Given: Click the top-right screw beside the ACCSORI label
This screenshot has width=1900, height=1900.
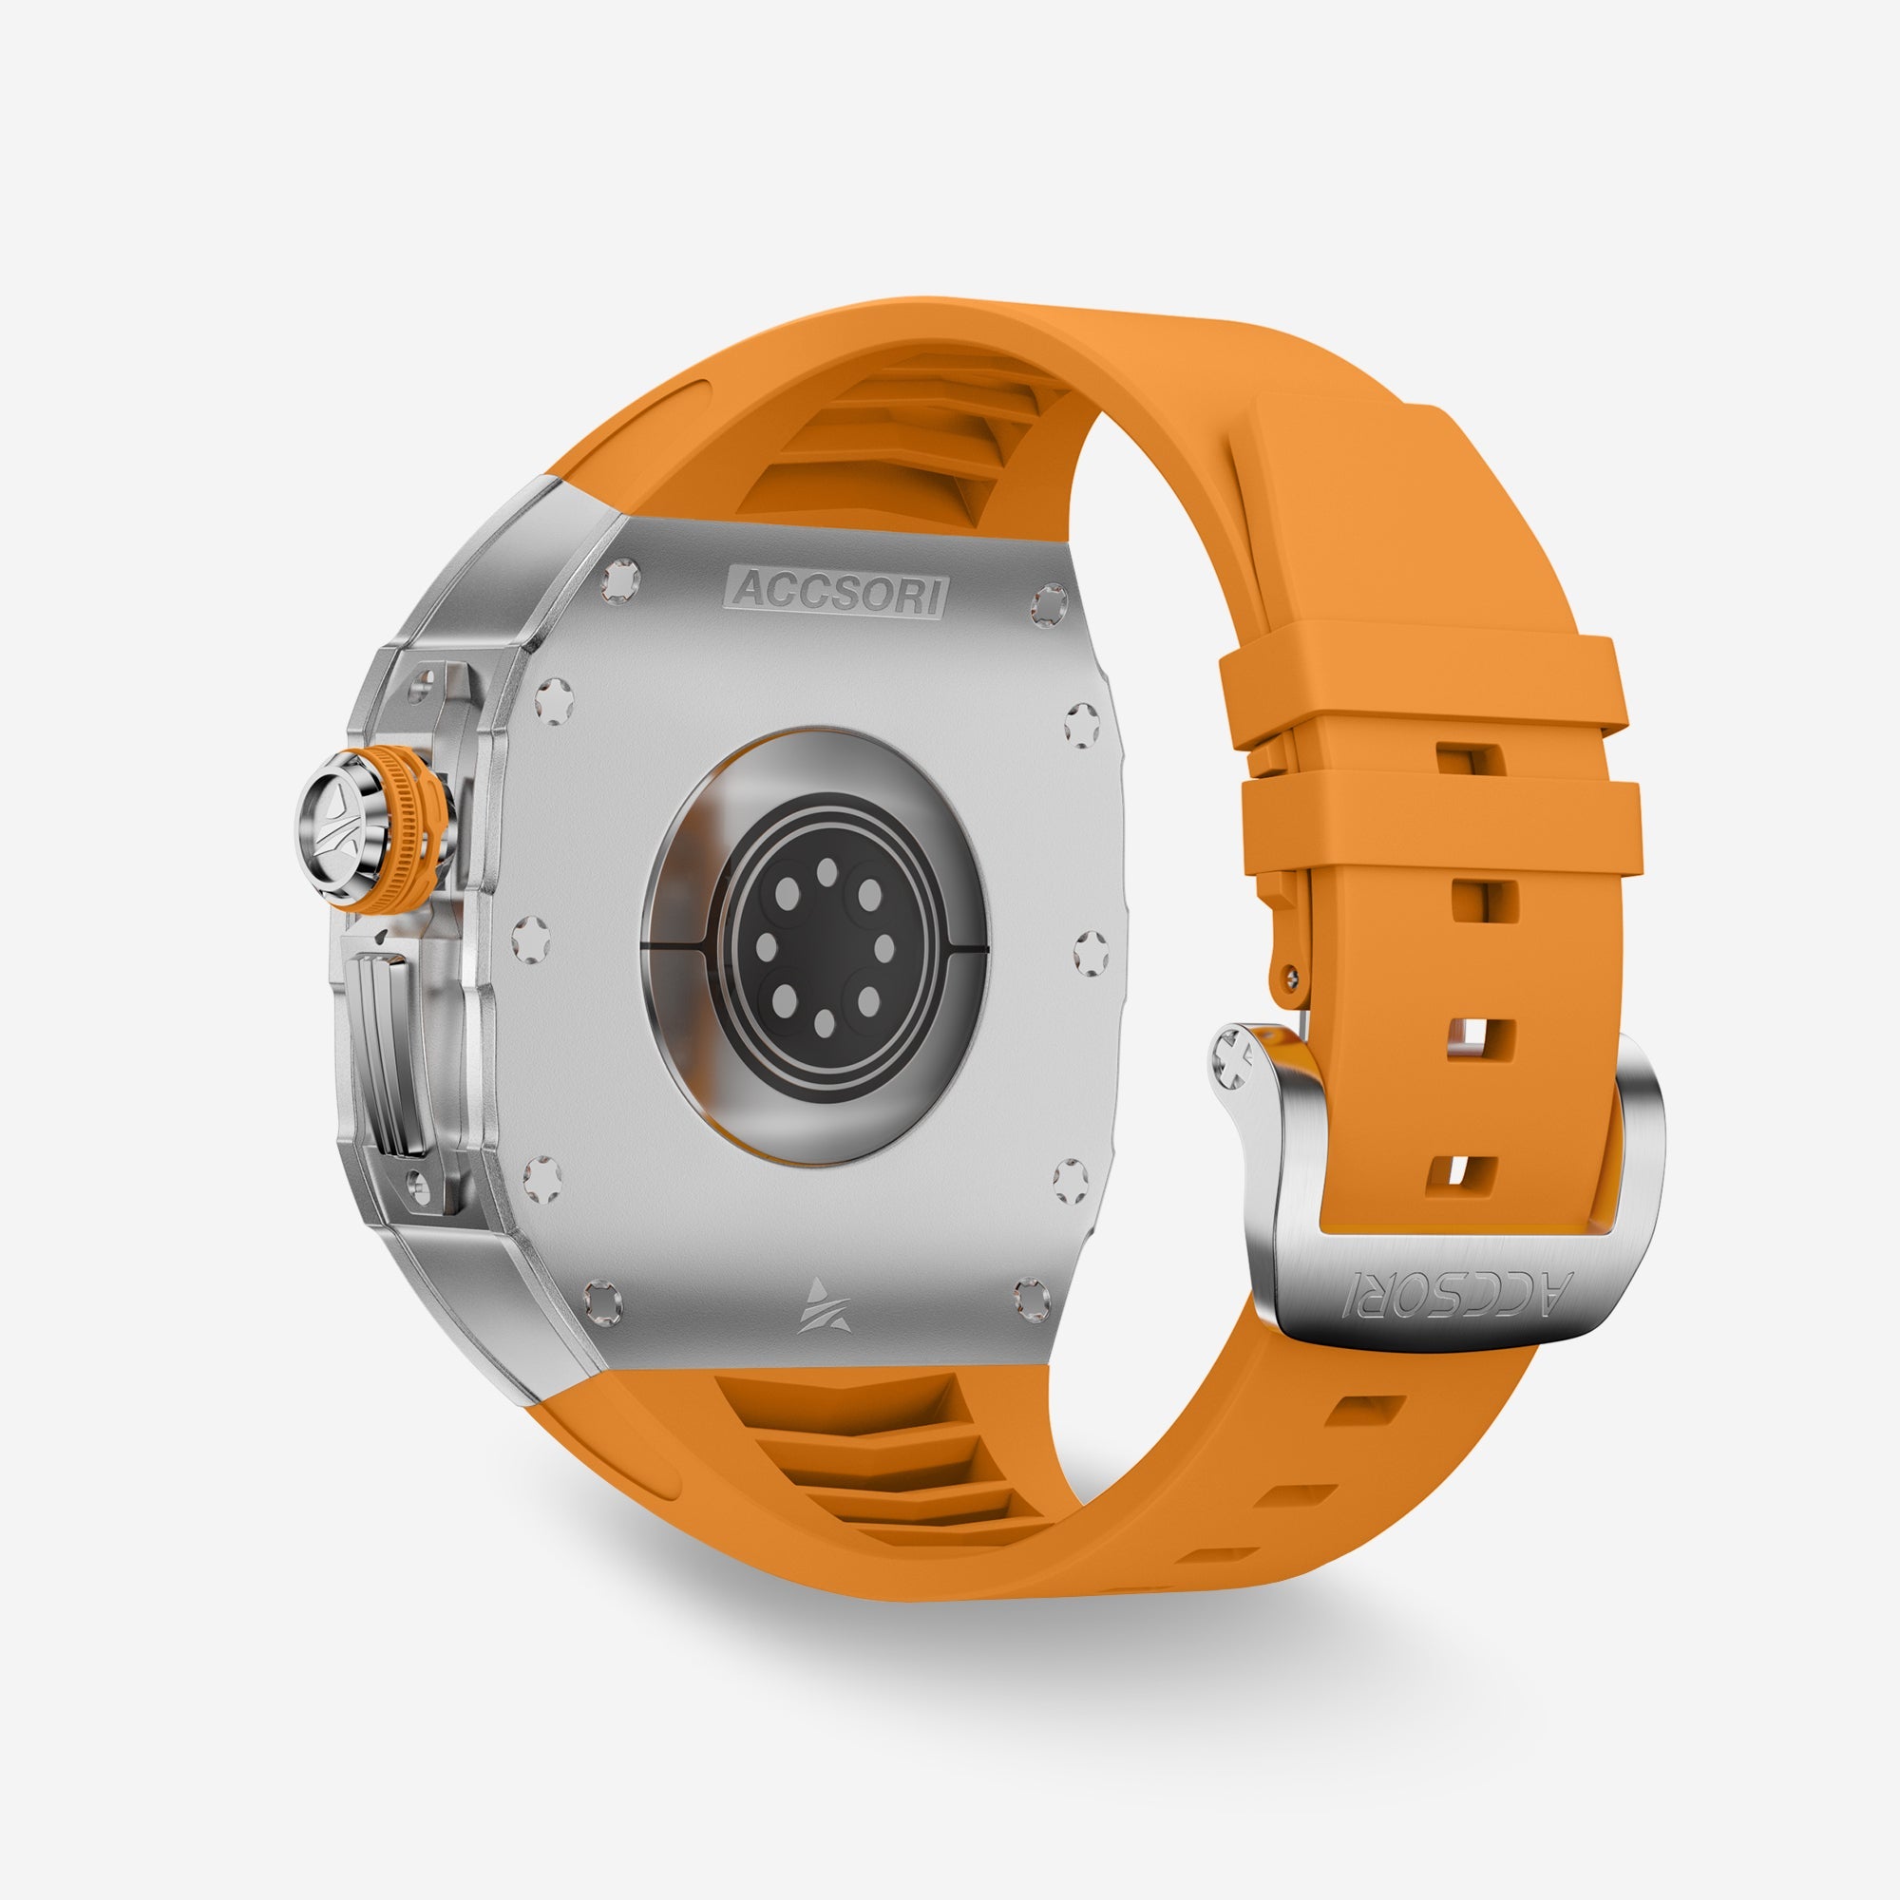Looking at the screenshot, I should [1049, 603].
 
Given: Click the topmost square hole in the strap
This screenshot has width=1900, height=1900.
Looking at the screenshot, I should [1471, 759].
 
